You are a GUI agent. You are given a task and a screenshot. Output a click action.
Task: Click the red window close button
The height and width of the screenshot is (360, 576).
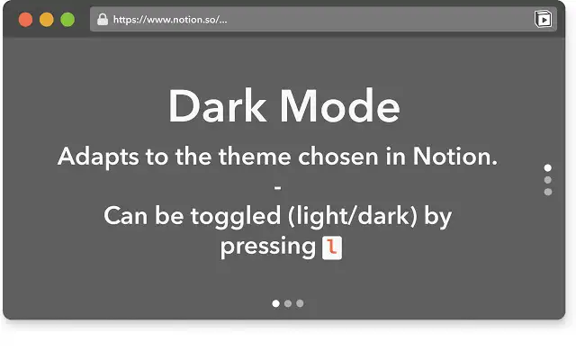coord(25,19)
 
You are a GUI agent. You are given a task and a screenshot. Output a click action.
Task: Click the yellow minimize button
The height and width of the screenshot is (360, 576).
coord(46,19)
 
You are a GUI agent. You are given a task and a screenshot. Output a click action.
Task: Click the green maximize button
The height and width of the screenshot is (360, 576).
coord(67,19)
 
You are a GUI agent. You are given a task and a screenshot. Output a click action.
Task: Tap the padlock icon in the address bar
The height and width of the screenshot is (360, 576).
coord(102,19)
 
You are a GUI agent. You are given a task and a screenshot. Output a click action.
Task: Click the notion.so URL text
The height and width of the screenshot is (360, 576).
coord(170,19)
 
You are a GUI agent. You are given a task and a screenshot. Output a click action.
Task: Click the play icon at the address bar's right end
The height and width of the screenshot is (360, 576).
coord(543,19)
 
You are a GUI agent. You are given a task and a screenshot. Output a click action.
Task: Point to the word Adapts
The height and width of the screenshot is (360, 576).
coord(100,157)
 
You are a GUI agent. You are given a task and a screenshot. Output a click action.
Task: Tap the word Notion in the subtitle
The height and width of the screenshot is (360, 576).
coord(454,157)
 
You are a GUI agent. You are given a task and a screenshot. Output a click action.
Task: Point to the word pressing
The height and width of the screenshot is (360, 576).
coord(267,247)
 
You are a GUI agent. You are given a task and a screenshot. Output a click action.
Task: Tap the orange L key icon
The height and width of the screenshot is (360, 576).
coord(333,247)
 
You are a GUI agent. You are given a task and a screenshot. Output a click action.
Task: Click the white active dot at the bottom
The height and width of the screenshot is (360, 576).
coord(276,303)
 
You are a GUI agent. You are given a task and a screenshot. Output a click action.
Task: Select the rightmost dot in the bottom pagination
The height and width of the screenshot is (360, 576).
coord(300,303)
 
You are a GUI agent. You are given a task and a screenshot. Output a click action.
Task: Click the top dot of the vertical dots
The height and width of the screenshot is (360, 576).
coord(548,168)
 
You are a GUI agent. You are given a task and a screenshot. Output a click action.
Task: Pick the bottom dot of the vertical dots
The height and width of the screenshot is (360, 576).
coord(548,191)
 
